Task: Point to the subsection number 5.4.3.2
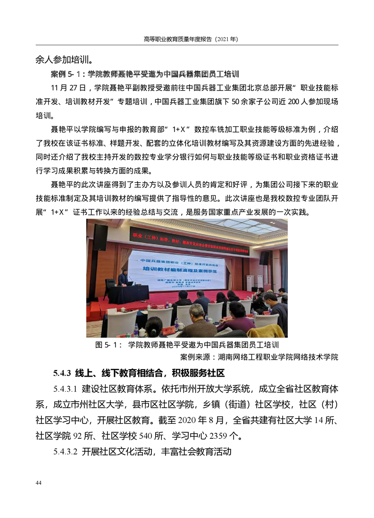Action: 66,452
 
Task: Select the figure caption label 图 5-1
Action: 106,345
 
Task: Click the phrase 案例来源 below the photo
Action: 196,356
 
